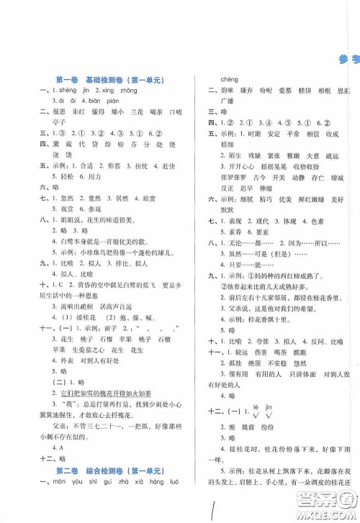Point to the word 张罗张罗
click(x=232, y=175)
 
